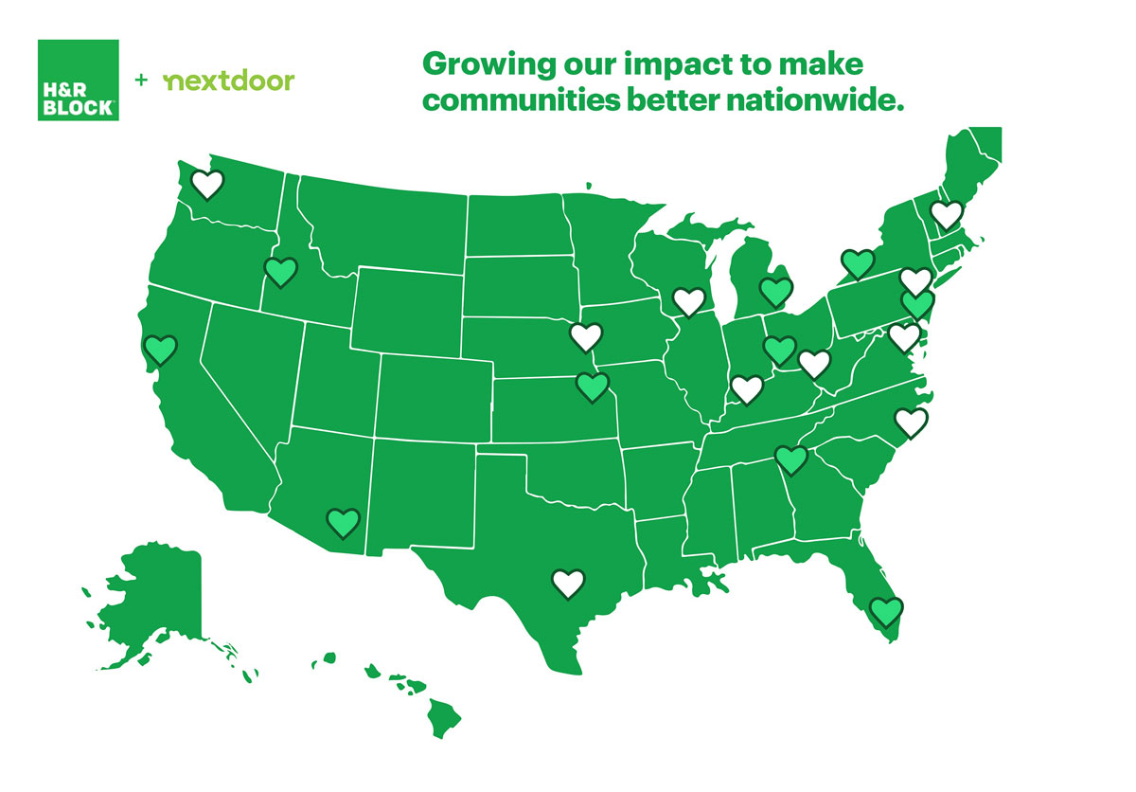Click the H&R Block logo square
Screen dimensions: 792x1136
[79, 80]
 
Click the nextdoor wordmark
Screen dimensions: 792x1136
[229, 81]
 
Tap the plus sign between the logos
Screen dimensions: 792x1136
[141, 81]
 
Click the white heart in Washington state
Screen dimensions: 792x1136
[208, 183]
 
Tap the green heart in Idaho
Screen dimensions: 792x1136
[280, 272]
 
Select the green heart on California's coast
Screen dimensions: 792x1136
[161, 351]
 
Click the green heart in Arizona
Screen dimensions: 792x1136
[343, 522]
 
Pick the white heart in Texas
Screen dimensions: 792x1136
[568, 583]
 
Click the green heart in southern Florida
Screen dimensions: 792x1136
[886, 612]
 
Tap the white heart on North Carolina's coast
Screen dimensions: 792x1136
[911, 422]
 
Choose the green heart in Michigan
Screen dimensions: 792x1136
[775, 292]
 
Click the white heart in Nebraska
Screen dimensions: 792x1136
[586, 335]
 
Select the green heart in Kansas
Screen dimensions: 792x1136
[593, 387]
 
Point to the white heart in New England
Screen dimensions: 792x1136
[946, 215]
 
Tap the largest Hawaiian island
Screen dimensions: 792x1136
[445, 711]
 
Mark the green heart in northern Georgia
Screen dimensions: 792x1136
[790, 459]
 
